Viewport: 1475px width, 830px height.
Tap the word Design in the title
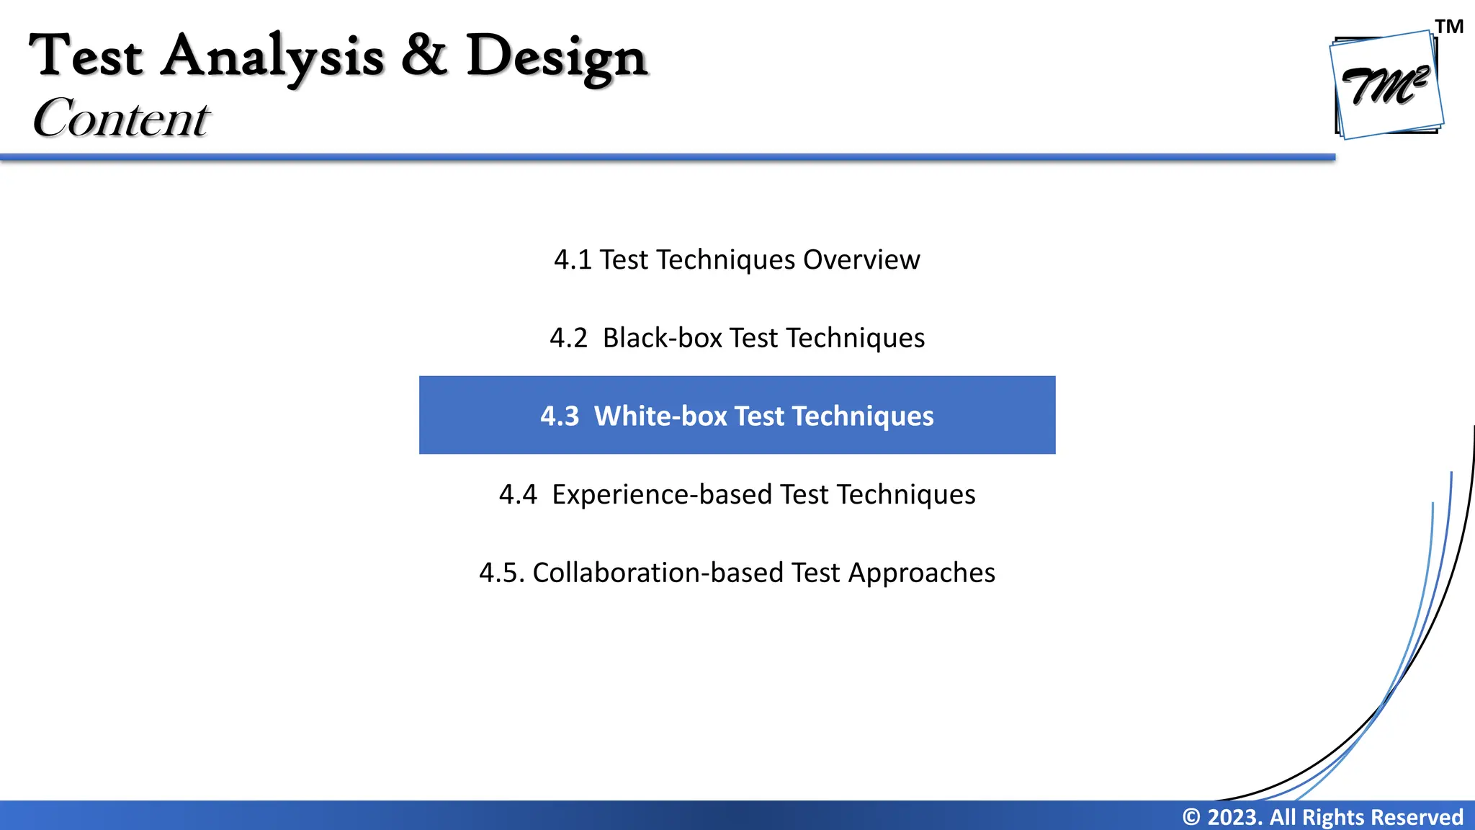557,58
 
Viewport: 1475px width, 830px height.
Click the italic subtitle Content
121,117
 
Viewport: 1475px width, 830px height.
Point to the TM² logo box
1387,85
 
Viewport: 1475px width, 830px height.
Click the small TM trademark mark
1449,27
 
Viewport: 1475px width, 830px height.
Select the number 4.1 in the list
573,259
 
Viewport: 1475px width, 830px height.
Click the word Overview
861,259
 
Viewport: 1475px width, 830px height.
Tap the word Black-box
663,338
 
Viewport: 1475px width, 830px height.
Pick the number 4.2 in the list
568,338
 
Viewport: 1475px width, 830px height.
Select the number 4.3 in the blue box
560,416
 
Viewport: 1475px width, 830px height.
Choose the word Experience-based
662,494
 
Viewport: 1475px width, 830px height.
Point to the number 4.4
518,494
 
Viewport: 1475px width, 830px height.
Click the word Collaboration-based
658,573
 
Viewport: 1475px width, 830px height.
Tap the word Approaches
922,573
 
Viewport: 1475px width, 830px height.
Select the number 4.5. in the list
501,573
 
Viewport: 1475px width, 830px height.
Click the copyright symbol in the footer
1192,817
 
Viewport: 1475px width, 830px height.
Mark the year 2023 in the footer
1234,817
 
